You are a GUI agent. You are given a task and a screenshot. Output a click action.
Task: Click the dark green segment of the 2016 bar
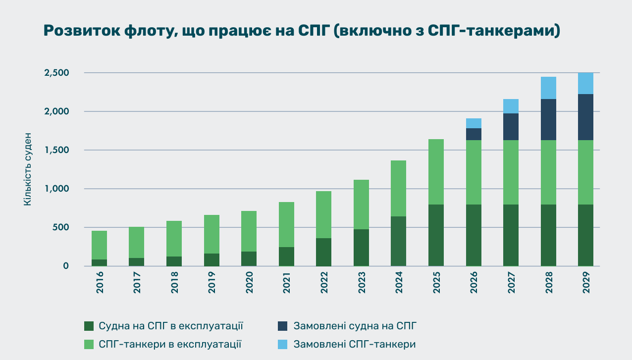pos(99,262)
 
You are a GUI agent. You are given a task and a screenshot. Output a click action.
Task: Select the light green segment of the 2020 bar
pos(249,231)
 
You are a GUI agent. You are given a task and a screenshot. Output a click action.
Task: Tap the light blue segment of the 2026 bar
pos(474,123)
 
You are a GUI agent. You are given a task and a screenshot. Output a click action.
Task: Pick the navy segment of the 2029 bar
pos(585,117)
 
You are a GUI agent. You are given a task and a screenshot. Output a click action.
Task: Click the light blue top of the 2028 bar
pos(548,88)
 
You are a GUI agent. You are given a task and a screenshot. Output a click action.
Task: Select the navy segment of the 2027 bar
pos(511,127)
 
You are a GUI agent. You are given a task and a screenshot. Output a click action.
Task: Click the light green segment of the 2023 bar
pos(361,205)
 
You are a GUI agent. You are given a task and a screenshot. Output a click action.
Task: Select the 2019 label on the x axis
pos(211,283)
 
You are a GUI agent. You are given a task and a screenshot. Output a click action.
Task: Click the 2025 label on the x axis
pos(436,283)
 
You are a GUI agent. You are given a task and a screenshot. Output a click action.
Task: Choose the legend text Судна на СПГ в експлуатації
pos(171,326)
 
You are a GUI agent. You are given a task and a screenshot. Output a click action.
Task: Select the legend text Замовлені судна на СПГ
pos(355,326)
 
